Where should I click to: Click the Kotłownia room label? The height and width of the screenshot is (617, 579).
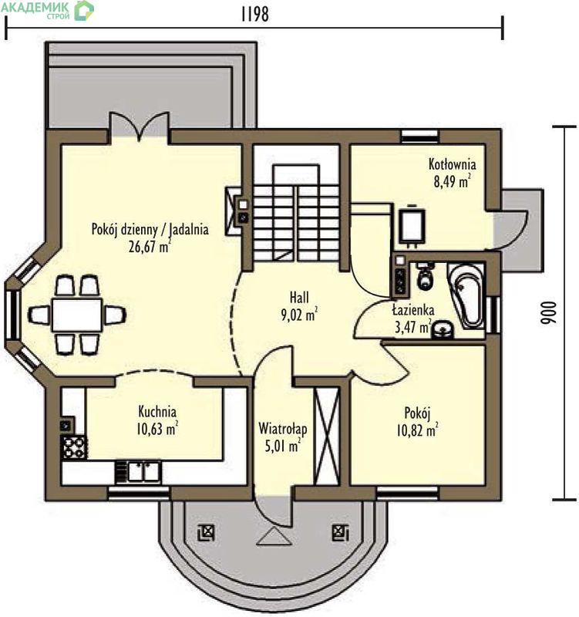[452, 164]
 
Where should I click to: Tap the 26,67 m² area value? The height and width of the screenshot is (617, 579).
[150, 246]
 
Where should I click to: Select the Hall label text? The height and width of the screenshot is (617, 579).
[299, 297]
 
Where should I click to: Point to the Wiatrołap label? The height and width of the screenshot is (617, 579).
[282, 429]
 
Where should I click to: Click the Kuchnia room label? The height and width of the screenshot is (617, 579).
[157, 412]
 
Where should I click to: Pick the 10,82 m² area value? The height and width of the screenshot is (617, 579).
[417, 430]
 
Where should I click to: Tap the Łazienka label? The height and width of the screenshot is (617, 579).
[413, 310]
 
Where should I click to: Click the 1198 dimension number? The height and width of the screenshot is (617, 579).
[255, 14]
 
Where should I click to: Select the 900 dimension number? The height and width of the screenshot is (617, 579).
[549, 313]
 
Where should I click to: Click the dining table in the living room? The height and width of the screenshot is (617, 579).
[77, 315]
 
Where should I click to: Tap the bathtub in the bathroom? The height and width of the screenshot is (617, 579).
[466, 295]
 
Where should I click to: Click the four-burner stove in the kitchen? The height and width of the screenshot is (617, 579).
[74, 447]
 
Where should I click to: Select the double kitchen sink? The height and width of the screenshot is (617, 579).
[139, 472]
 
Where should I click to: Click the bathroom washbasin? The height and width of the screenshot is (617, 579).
[443, 330]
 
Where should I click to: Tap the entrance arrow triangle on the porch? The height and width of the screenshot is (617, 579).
[274, 538]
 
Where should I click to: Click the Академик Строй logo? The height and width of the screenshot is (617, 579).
[47, 10]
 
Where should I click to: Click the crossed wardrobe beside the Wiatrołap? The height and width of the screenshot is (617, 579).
[327, 436]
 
